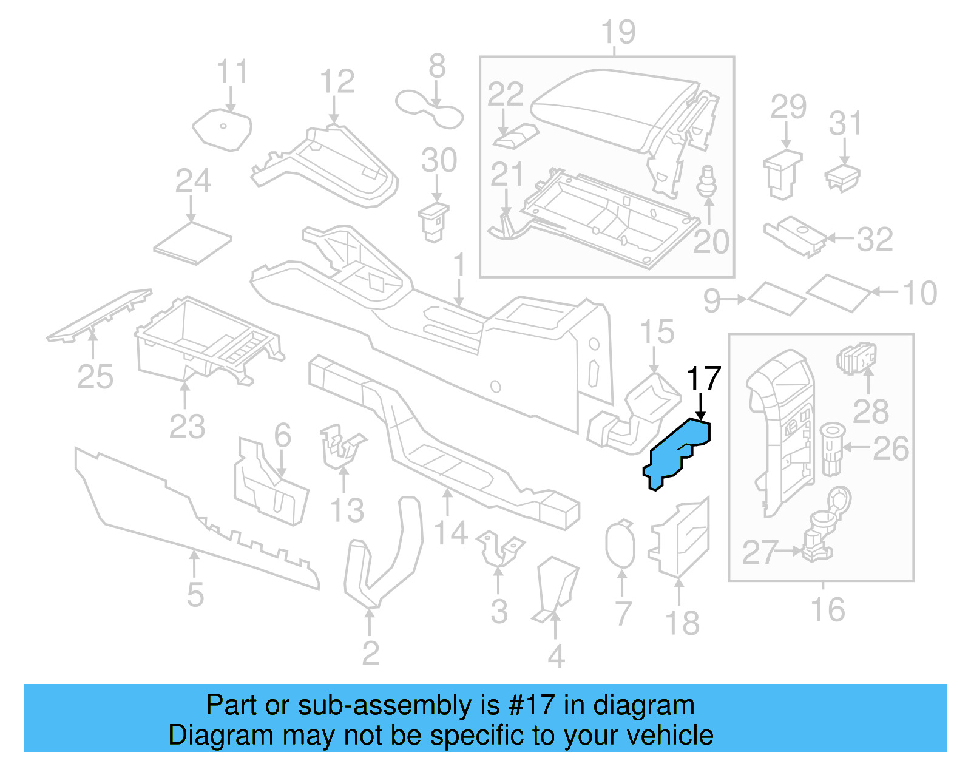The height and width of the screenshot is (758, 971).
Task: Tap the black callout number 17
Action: pos(703,379)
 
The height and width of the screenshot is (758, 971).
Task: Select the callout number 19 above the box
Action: pos(618,32)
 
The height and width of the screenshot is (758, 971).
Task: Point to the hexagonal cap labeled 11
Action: pos(222,129)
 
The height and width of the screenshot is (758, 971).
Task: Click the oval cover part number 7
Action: pos(620,544)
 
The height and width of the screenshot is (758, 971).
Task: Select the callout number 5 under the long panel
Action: pos(195,594)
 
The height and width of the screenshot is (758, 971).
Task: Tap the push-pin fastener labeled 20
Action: pos(707,181)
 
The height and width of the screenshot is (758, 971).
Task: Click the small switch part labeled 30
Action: pos(434,222)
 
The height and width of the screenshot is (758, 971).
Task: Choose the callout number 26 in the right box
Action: pos(890,448)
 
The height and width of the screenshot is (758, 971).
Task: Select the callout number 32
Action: pos(875,239)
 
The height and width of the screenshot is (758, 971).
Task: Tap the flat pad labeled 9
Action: pos(777,298)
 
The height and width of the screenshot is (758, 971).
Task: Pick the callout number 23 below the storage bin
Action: pos(187,426)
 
